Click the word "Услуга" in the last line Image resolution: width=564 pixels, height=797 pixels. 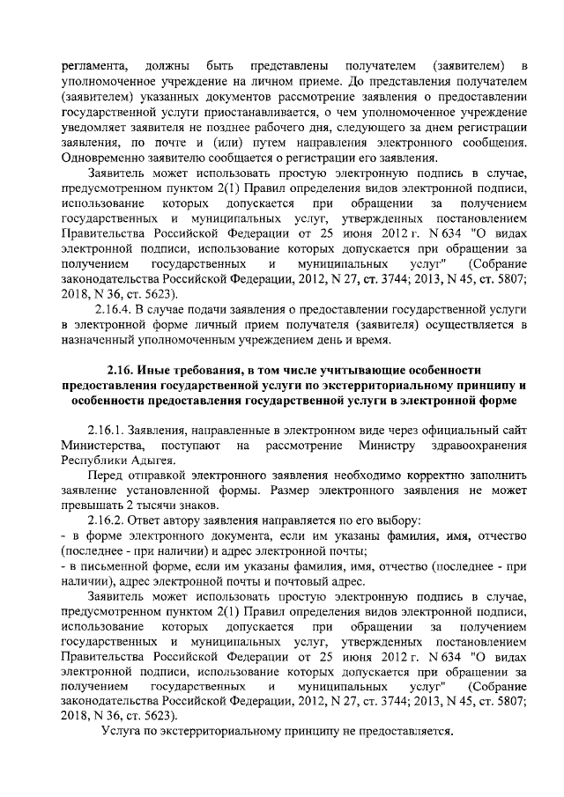pos(122,731)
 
